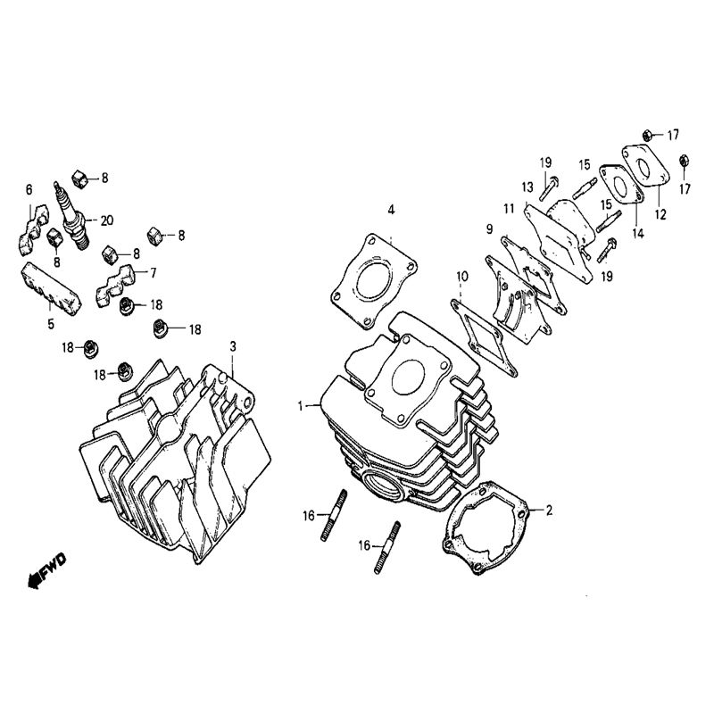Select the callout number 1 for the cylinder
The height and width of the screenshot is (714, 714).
[302, 406]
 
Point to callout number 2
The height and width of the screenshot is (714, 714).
[550, 511]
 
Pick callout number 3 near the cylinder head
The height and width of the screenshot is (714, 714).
[233, 345]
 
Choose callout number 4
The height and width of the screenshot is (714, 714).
[390, 211]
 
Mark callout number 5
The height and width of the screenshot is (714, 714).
[51, 323]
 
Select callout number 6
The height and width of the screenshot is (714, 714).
[29, 189]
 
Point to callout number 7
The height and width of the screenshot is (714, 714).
[153, 271]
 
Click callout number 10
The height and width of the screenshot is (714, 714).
[461, 278]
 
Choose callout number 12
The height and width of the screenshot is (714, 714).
[660, 215]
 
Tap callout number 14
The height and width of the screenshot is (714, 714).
[637, 234]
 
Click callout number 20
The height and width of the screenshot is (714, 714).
[108, 220]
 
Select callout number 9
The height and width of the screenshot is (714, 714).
[489, 229]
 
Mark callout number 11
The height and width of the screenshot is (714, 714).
[509, 209]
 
